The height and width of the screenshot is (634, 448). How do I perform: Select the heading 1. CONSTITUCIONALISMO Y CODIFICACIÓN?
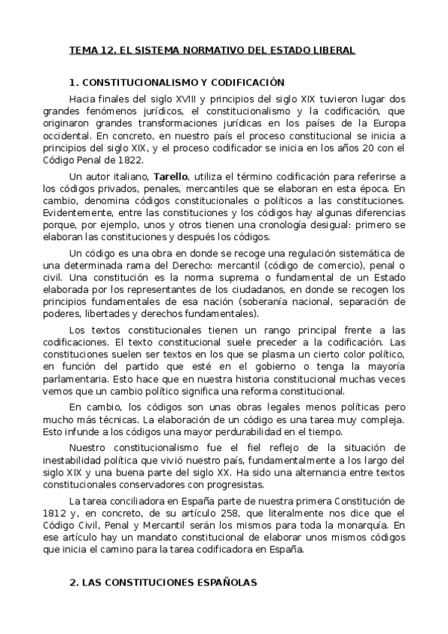tap(177, 83)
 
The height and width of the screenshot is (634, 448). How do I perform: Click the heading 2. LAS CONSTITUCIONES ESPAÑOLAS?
tap(162, 582)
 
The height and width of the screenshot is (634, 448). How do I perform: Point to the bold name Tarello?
tap(169, 177)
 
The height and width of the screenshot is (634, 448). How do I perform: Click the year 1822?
tap(140, 158)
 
